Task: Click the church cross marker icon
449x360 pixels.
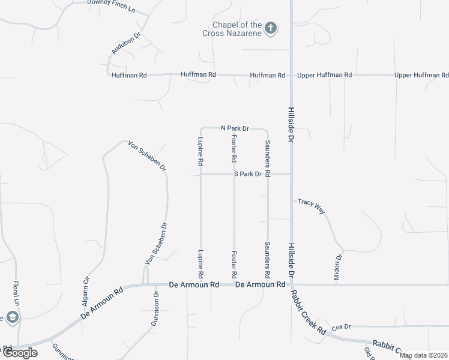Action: pos(271,28)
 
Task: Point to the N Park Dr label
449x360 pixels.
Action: pos(235,128)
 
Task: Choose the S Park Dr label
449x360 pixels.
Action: pos(248,174)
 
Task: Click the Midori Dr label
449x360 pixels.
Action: pos(338,267)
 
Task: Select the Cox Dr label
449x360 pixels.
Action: pos(341,326)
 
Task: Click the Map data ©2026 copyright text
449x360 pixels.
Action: pos(423,355)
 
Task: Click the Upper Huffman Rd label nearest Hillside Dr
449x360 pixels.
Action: pos(325,75)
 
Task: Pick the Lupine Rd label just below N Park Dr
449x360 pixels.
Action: pos(200,151)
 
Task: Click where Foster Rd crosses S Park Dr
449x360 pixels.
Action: pos(234,174)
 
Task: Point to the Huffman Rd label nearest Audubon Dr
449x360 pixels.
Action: pos(129,75)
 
